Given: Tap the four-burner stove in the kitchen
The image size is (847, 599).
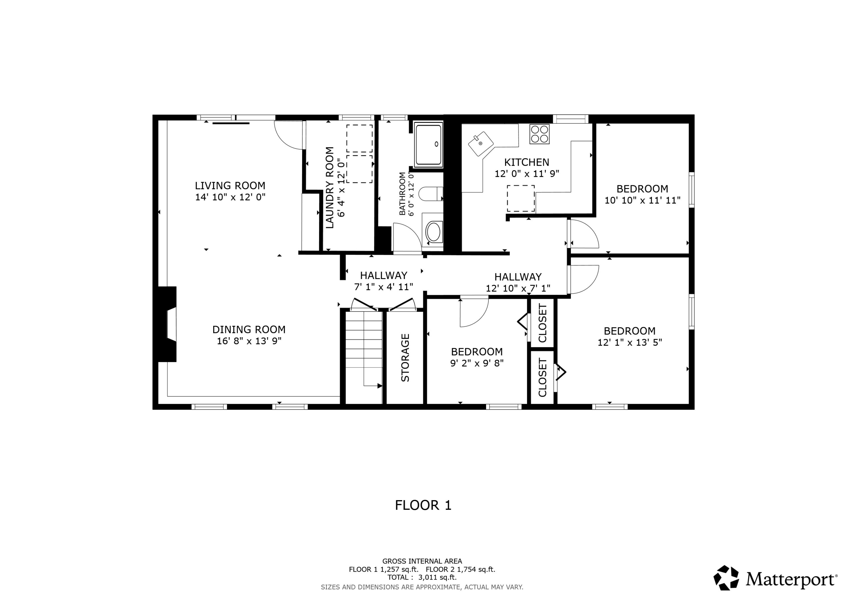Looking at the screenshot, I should pos(539,134).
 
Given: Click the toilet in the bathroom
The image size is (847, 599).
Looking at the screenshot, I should pos(431,194).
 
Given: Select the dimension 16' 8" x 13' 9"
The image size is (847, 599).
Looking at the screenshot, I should pos(249,341).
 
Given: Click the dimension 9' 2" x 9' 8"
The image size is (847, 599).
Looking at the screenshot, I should pos(477,363).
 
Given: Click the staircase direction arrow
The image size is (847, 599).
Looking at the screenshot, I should pos(379,386).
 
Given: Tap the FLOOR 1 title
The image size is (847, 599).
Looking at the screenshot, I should pos(423,505).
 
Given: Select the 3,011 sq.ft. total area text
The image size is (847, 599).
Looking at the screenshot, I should pos(437,577).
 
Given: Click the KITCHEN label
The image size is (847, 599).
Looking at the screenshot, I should pos(527,162).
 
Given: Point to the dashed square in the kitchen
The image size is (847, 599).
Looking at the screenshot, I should pos(521,198).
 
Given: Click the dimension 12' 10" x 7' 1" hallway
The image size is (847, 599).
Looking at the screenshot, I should pos(518,288).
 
